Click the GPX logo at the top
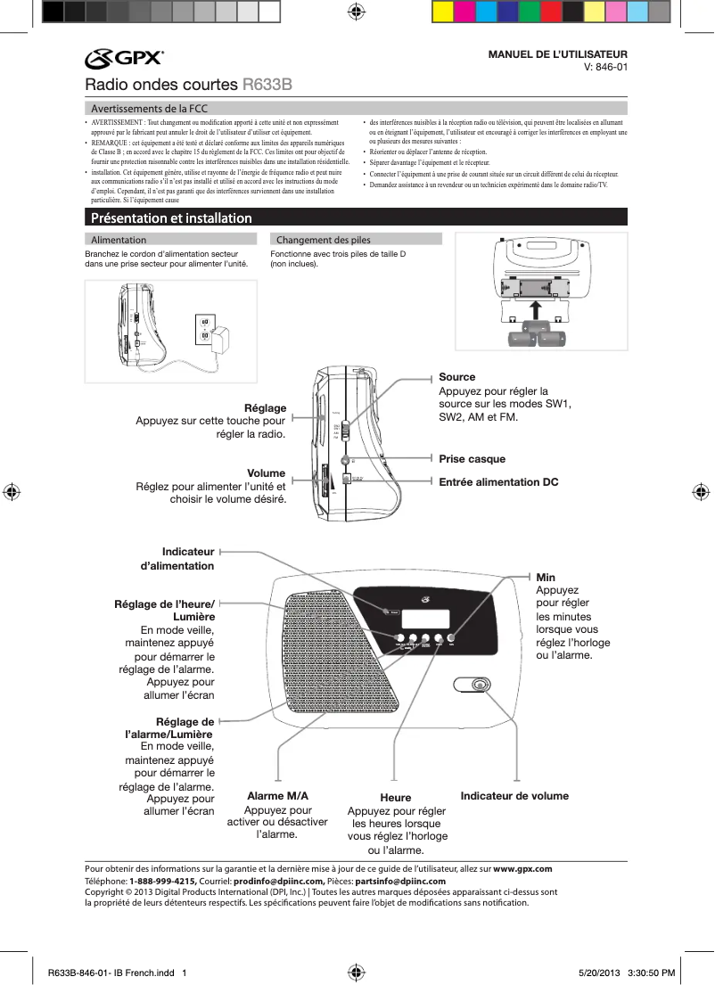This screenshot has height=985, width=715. click(x=124, y=59)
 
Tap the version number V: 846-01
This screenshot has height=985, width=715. click(x=605, y=67)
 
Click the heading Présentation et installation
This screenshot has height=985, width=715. click(x=168, y=218)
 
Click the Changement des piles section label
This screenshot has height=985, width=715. click(x=324, y=240)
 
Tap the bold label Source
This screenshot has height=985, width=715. click(x=457, y=377)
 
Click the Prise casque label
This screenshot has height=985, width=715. click(x=472, y=459)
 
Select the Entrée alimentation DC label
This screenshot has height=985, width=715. click(x=498, y=482)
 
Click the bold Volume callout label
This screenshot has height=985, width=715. click(x=267, y=473)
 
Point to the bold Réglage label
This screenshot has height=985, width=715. click(x=266, y=407)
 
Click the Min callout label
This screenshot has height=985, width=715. click(x=545, y=579)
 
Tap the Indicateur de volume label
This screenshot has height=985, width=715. click(x=514, y=796)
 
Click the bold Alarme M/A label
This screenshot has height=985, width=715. click(x=277, y=796)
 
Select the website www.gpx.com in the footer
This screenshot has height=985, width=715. click(x=522, y=869)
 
